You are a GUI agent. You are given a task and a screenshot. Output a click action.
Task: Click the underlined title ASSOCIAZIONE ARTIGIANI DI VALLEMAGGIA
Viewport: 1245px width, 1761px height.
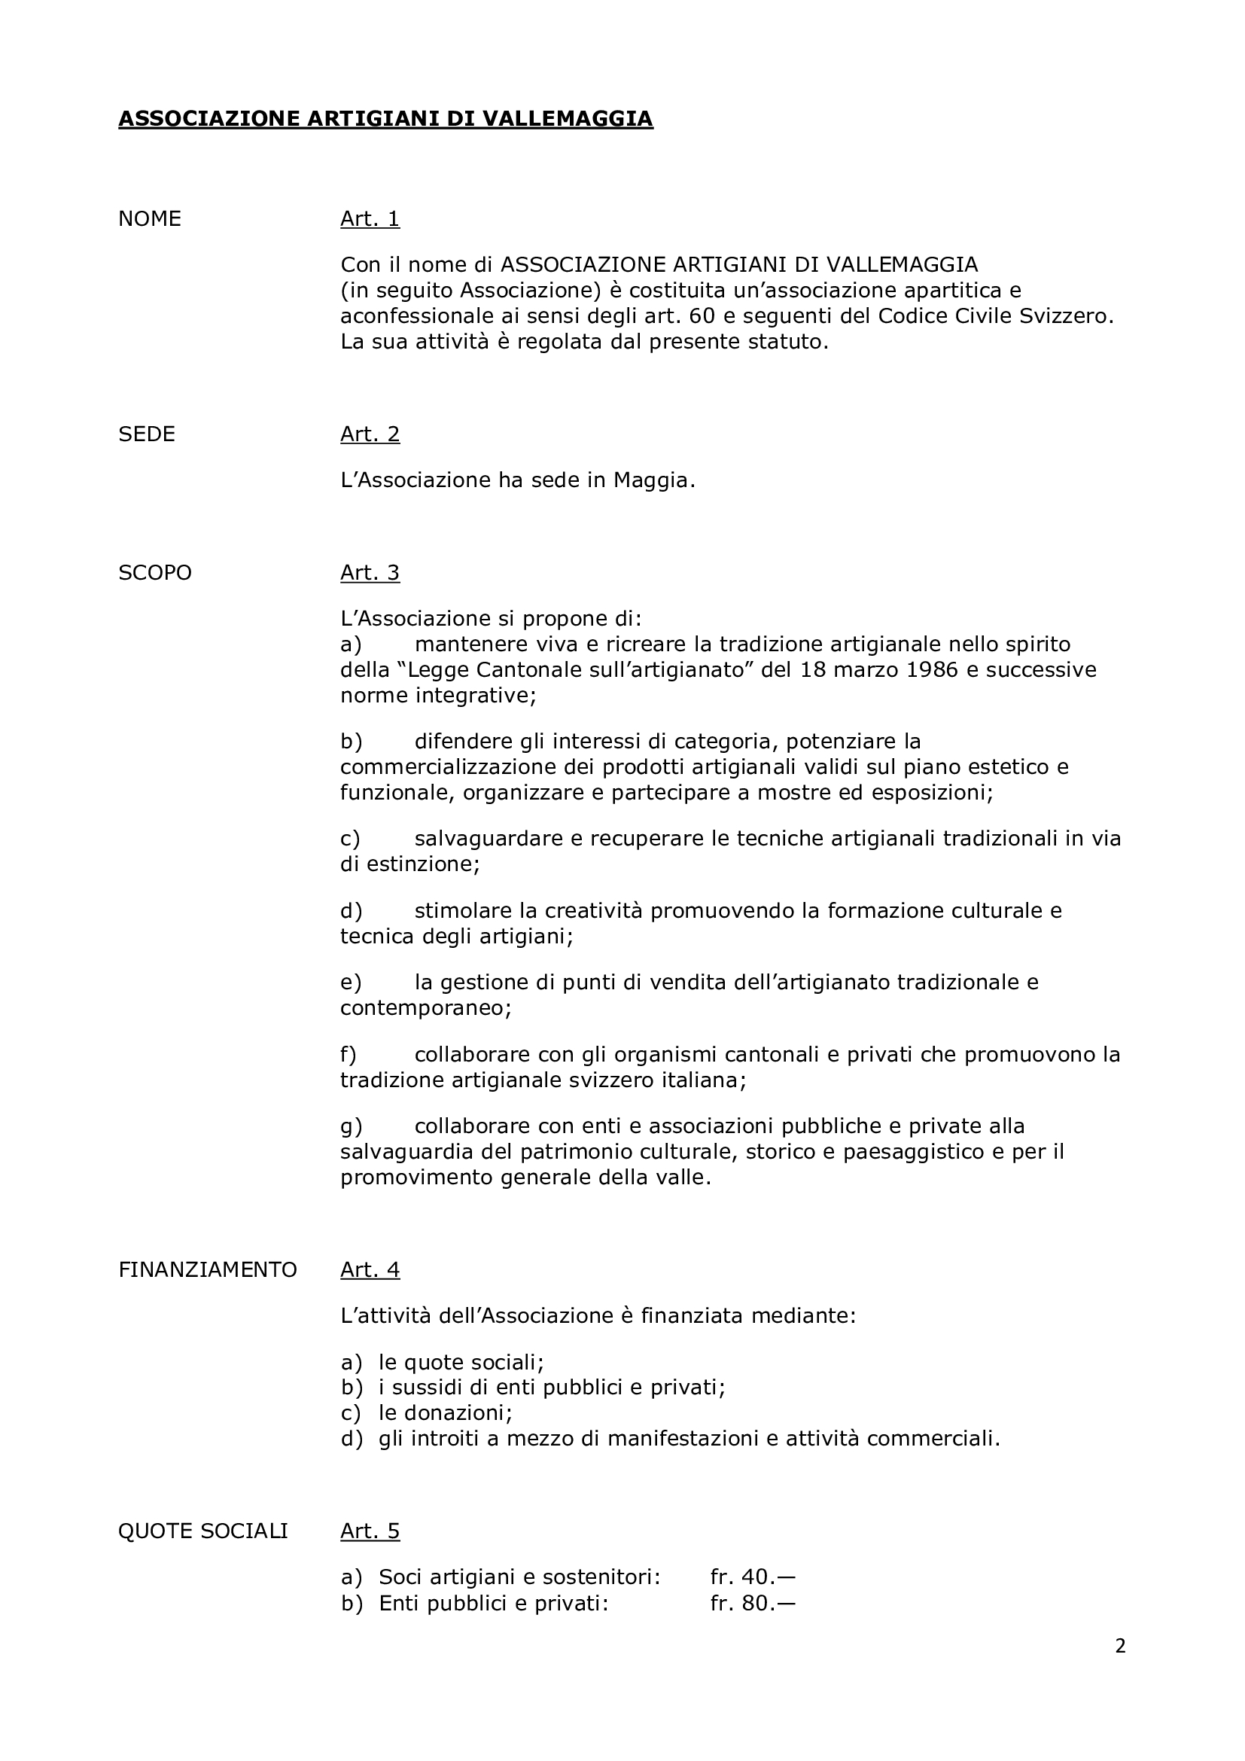click(x=385, y=119)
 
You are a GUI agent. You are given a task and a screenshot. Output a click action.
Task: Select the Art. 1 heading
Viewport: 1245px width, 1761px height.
click(x=370, y=219)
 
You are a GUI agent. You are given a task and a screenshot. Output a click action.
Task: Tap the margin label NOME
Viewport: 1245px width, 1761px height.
click(x=150, y=219)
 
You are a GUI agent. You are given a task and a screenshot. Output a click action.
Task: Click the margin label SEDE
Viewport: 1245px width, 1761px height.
click(x=147, y=434)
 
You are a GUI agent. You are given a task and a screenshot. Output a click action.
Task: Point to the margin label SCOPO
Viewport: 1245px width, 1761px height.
click(x=155, y=573)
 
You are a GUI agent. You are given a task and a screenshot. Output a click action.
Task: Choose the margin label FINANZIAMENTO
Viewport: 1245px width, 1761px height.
click(x=207, y=1270)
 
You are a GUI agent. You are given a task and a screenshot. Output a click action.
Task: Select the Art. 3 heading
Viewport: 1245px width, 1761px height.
click(x=370, y=573)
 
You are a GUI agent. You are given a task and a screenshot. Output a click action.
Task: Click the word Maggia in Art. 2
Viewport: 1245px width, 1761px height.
click(x=653, y=481)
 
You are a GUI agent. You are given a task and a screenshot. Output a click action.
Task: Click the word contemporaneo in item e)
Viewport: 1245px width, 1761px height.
click(x=425, y=1008)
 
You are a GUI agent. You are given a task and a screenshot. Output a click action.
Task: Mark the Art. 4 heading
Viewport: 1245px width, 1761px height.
click(x=370, y=1270)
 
